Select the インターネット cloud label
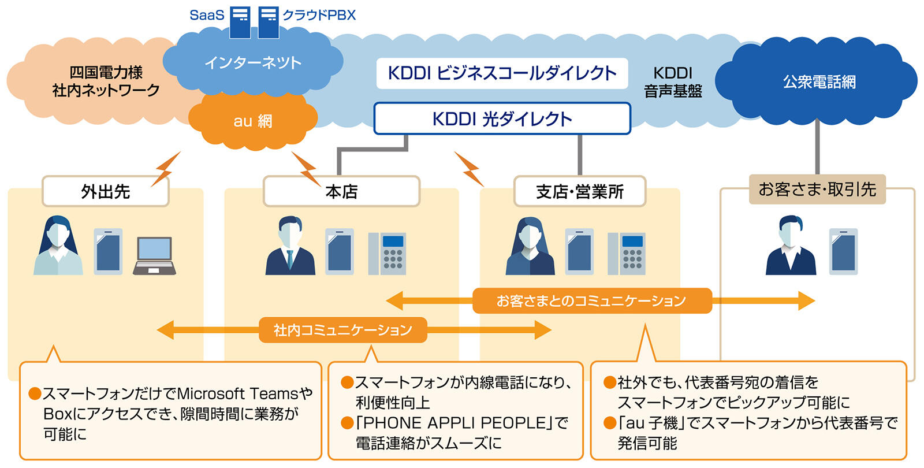click(x=253, y=62)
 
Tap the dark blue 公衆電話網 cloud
click(x=819, y=82)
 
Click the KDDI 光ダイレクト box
click(x=502, y=119)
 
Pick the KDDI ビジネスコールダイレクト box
click(x=502, y=73)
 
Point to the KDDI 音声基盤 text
click(x=673, y=82)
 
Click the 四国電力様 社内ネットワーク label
click(x=106, y=81)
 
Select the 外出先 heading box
click(x=106, y=191)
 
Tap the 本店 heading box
click(x=341, y=191)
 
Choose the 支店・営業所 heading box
click(x=580, y=191)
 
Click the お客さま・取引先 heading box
click(x=817, y=189)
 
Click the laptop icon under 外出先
click(x=154, y=255)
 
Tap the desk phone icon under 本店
click(x=388, y=253)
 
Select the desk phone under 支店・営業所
click(x=627, y=253)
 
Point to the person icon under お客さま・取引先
click(x=791, y=246)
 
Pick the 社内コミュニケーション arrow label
click(x=342, y=330)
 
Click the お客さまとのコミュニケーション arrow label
click(x=592, y=300)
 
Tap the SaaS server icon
click(x=240, y=22)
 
